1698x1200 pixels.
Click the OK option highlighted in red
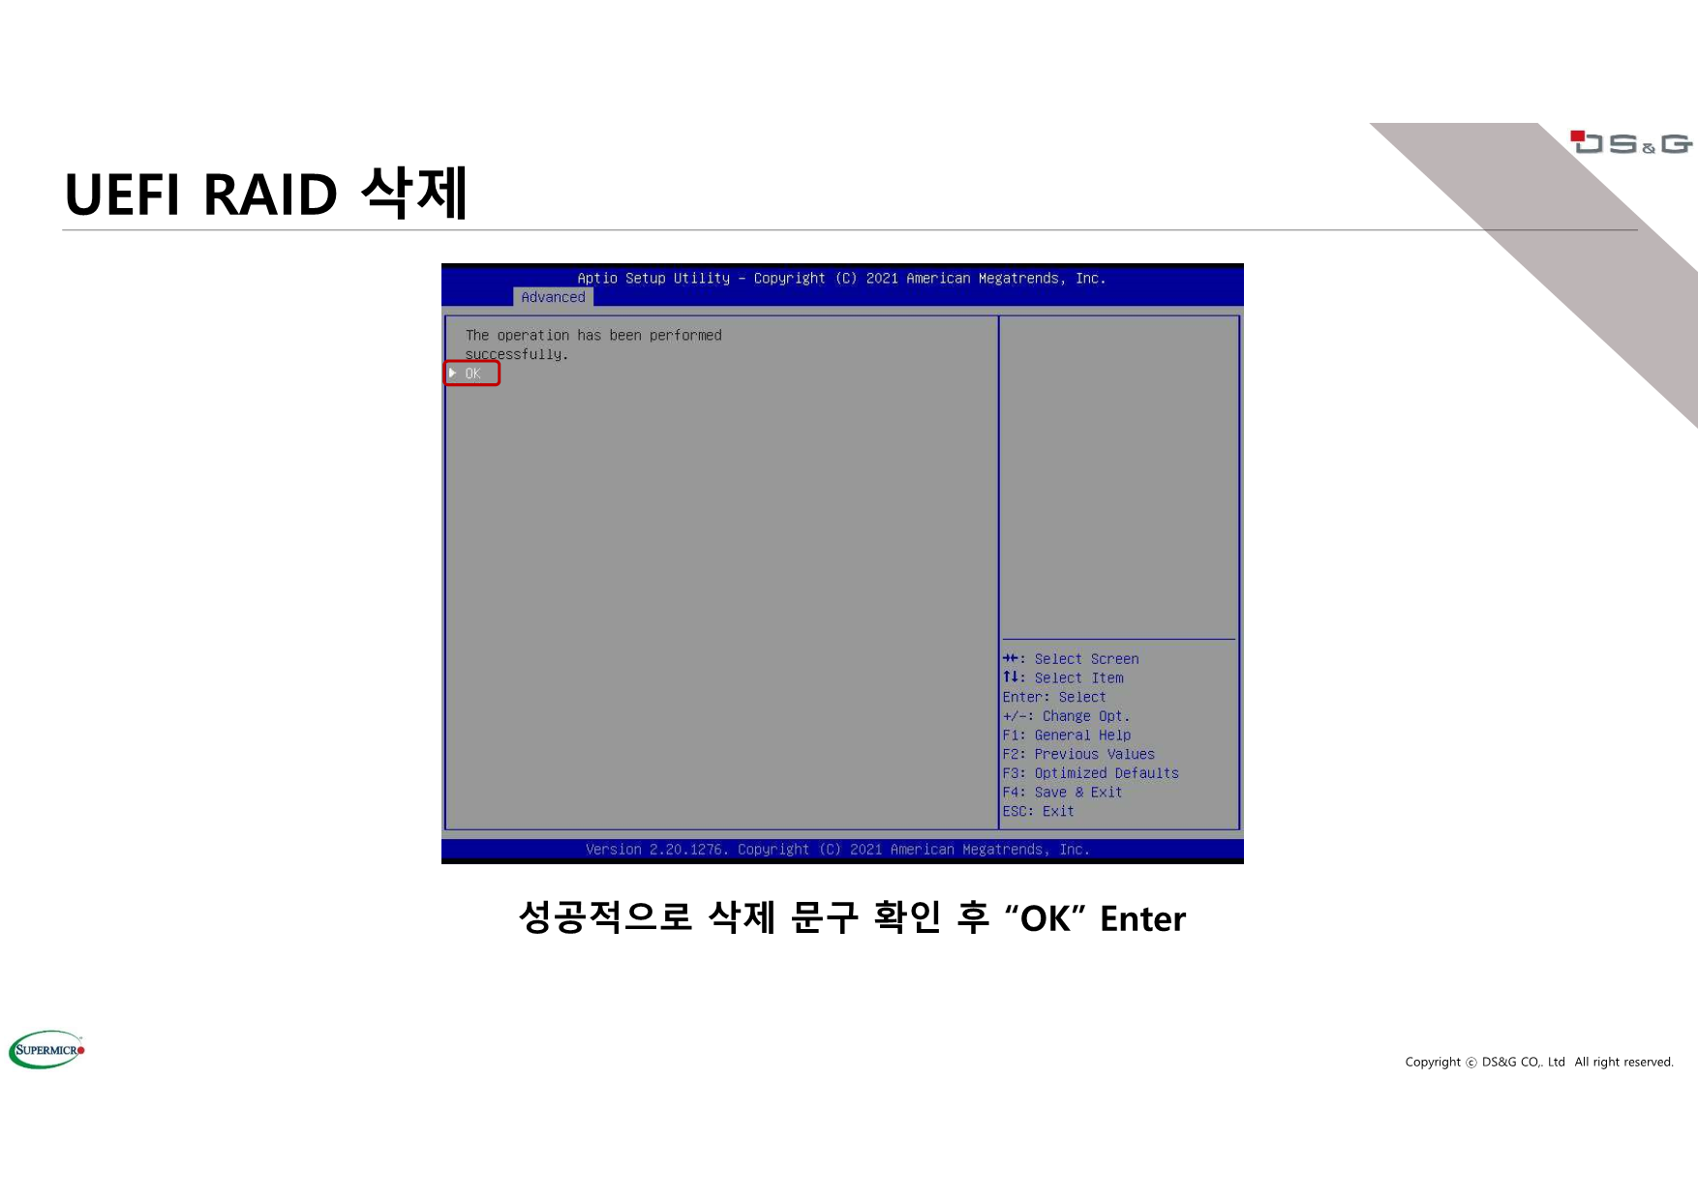point(472,374)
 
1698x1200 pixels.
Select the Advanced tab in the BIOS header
point(553,297)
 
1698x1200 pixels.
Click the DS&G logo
point(1631,143)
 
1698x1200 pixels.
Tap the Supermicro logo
point(46,1050)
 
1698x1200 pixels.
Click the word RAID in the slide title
point(270,195)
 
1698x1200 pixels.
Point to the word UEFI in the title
point(122,195)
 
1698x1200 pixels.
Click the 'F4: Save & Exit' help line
point(1062,793)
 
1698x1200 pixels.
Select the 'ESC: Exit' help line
point(1038,811)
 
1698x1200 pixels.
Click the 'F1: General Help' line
point(1066,735)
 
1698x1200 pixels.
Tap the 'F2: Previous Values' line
point(1078,754)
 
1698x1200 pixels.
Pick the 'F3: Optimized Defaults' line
point(1090,773)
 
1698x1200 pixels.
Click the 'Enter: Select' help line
point(1053,697)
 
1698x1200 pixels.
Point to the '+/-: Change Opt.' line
point(1066,716)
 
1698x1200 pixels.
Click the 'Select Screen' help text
point(1086,659)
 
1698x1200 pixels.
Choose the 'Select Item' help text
point(1078,678)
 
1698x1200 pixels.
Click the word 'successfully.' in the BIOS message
point(516,354)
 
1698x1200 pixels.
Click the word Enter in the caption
point(1142,918)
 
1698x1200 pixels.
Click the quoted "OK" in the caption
point(1045,918)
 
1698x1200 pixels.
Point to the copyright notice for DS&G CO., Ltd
point(1539,1062)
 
